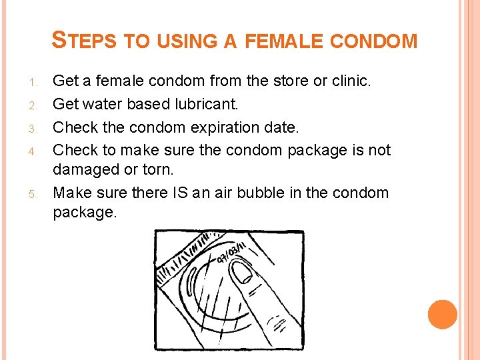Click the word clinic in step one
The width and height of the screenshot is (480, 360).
[349, 81]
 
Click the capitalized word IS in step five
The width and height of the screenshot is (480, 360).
[186, 193]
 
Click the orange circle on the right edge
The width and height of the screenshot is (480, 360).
[442, 314]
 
